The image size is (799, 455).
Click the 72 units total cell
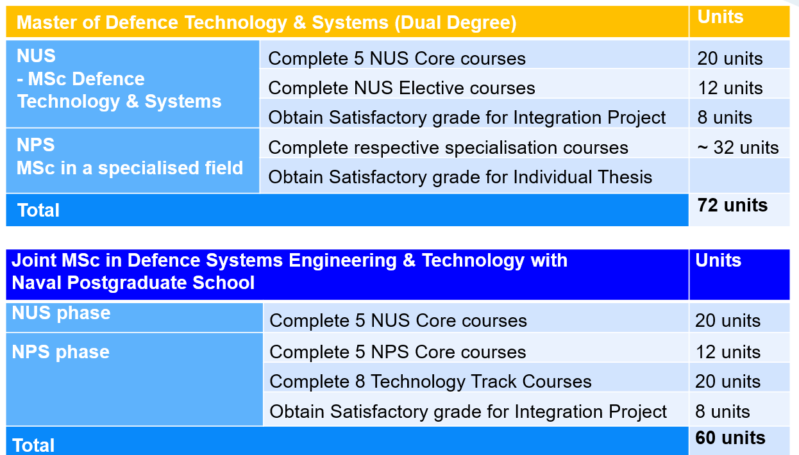coord(732,205)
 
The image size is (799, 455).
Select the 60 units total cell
coord(730,438)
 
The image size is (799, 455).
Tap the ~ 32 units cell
coord(737,147)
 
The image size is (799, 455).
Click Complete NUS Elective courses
coord(401,88)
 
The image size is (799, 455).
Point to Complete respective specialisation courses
coord(448,147)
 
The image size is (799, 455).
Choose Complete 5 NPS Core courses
coord(398,352)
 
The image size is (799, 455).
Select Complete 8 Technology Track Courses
coord(430,381)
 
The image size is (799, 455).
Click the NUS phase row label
coord(61,313)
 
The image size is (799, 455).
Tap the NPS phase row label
coord(61,352)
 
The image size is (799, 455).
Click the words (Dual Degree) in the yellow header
coord(455,23)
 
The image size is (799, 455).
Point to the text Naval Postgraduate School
coord(133,283)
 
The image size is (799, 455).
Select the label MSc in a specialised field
coord(130,168)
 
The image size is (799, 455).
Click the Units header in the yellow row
coord(720,17)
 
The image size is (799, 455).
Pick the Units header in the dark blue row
coord(718,260)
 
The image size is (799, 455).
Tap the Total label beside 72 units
coord(38,210)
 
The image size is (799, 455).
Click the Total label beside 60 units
coord(33,445)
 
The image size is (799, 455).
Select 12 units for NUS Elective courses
coord(730,88)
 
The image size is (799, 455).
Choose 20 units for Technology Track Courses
coord(728,381)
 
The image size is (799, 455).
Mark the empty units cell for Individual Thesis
coord(739,176)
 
